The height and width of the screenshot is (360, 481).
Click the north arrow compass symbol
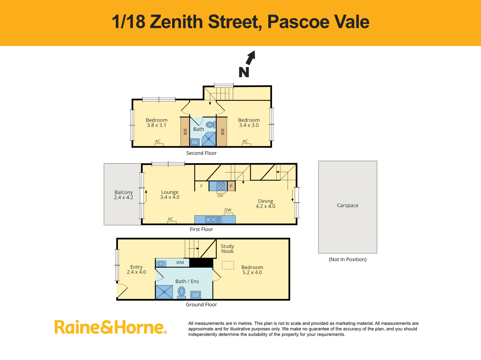coord(247,64)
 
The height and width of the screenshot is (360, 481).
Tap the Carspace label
coord(348,205)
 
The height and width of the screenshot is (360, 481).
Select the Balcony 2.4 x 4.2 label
coord(124,194)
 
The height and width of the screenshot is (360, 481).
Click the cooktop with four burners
coord(221,186)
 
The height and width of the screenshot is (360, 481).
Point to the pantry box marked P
coord(231,186)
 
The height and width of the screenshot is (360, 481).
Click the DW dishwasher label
coord(228,210)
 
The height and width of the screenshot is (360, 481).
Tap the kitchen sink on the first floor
coord(213,219)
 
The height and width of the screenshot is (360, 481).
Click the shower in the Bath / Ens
coord(164,292)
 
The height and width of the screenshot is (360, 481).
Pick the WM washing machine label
coord(180,262)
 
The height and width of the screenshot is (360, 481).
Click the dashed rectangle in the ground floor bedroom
coord(228,265)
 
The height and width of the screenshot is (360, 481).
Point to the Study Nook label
coord(227,249)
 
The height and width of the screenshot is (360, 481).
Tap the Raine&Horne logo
coord(111,327)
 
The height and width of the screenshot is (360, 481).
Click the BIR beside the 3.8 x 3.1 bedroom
coord(185,132)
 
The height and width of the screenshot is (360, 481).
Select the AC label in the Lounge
coord(170,219)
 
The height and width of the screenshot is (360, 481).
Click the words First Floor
coord(201,229)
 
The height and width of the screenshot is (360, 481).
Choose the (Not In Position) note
coord(348,259)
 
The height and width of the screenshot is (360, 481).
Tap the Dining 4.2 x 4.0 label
coord(265,204)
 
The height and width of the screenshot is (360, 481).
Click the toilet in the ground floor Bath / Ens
coord(181,293)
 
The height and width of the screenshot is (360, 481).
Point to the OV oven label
coord(220,196)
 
